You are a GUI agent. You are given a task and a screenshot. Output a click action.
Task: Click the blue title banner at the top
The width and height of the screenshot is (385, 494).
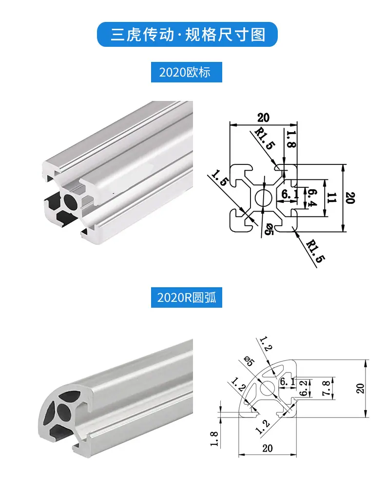[x=187, y=34]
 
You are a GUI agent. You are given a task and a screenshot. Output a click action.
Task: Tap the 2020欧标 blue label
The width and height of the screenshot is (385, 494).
[x=186, y=72]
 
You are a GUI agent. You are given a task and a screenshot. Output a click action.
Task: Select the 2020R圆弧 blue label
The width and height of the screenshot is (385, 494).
[x=186, y=297]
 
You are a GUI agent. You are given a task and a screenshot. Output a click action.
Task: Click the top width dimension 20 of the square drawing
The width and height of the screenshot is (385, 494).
[x=263, y=118]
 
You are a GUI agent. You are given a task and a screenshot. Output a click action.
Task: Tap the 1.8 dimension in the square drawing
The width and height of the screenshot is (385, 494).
[x=291, y=139]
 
